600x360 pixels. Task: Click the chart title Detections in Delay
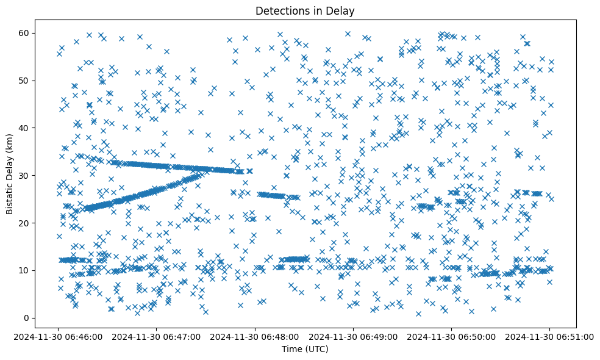305,10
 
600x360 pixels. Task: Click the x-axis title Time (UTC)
305,349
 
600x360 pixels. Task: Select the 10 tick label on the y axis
26,270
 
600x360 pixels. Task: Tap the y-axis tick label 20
26,223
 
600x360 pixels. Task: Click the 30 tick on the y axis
26,175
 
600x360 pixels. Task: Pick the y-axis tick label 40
26,128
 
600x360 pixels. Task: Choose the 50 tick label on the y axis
26,80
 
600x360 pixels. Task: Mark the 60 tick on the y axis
26,32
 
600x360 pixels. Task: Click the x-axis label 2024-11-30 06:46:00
59,336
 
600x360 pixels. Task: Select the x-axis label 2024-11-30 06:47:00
157,336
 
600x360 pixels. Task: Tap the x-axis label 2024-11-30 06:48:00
255,336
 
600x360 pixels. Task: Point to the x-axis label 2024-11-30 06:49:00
353,336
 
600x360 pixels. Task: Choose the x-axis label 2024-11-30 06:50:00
451,336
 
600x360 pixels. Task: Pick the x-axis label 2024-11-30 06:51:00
549,336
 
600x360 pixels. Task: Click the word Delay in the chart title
343,10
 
